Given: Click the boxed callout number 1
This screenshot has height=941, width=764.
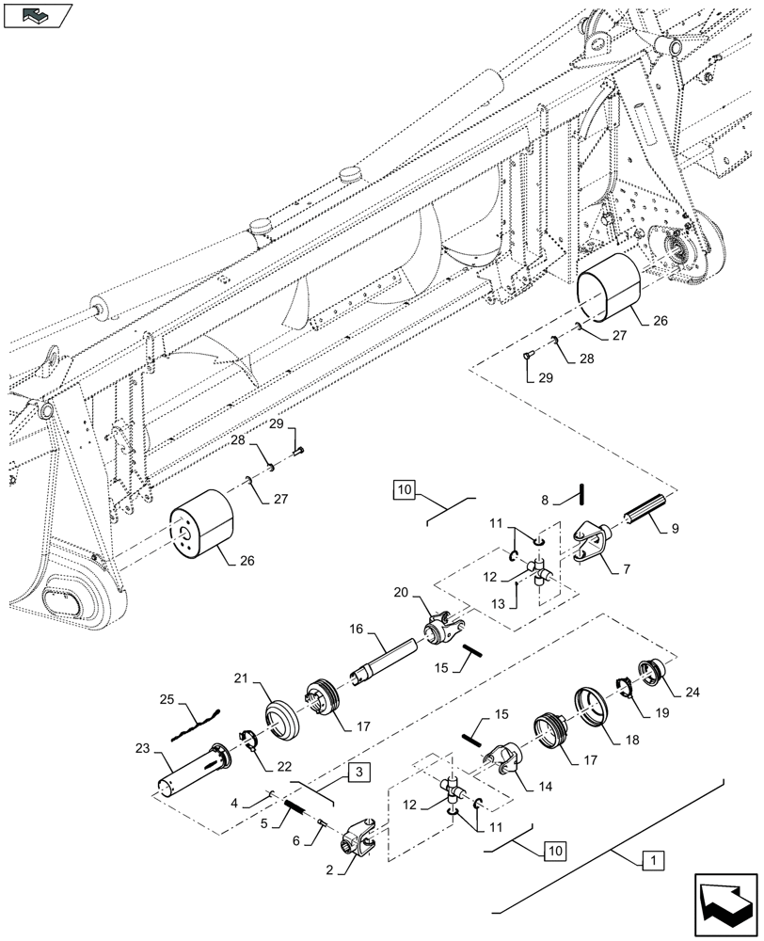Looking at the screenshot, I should pyautogui.click(x=652, y=859).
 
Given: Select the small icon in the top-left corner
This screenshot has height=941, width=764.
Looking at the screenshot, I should pyautogui.click(x=38, y=15).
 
